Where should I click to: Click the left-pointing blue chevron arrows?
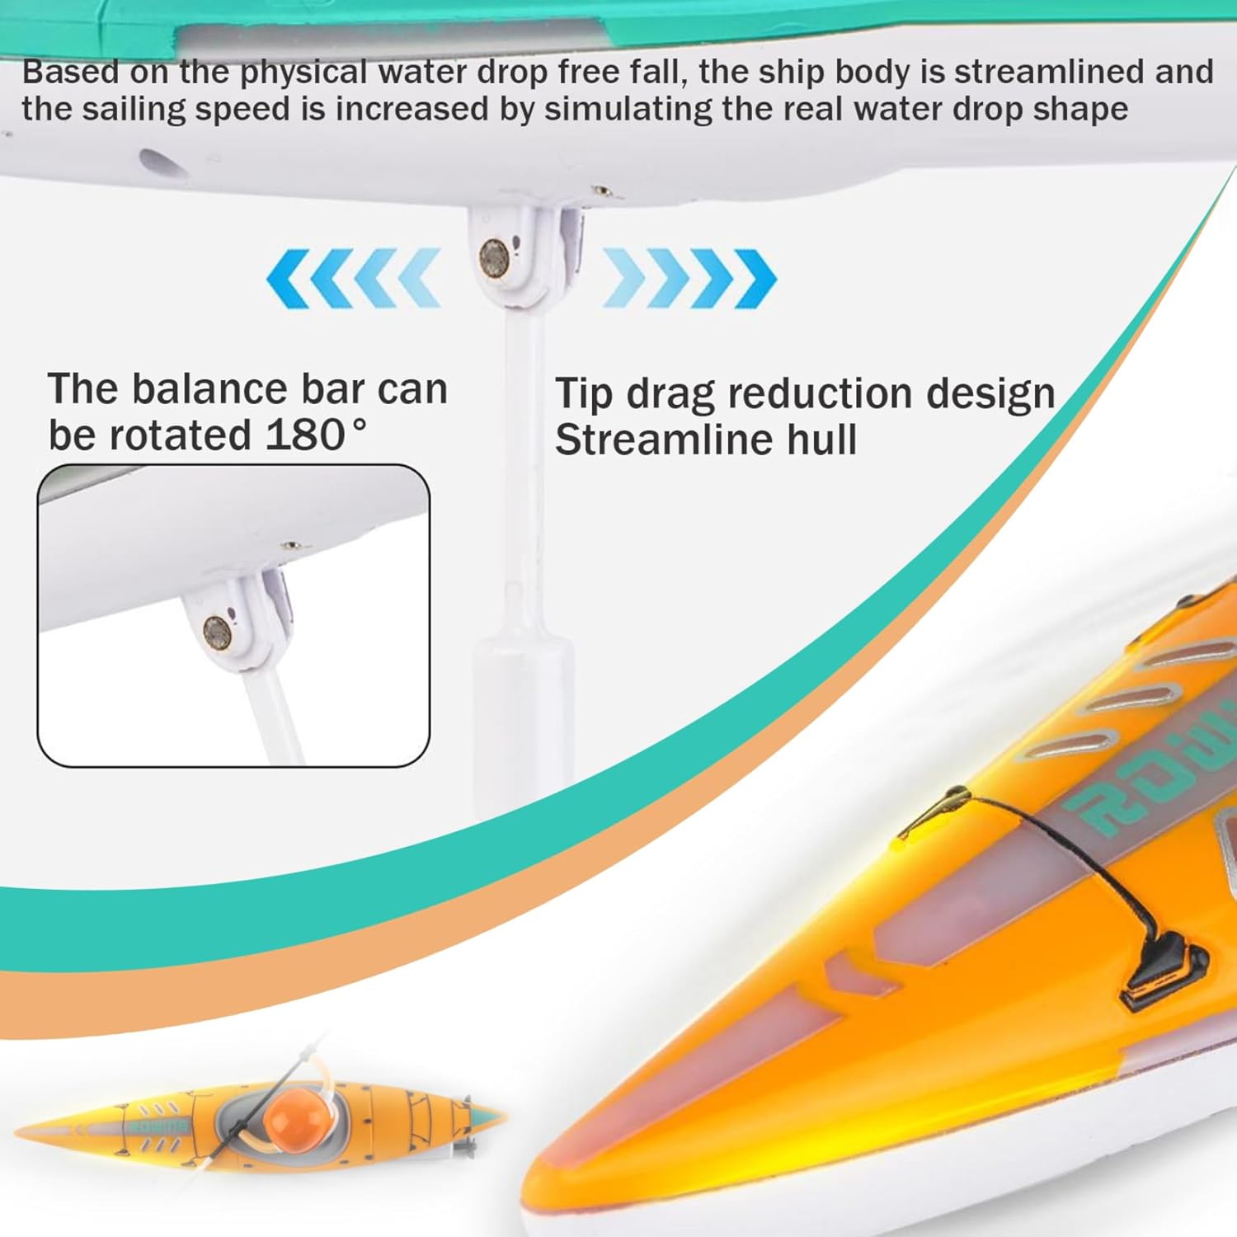[x=354, y=278]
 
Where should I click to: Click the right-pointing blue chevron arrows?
[x=689, y=278]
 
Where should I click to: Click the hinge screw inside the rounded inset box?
[x=216, y=633]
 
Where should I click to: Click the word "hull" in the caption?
[x=821, y=439]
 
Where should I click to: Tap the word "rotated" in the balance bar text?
[x=181, y=435]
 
